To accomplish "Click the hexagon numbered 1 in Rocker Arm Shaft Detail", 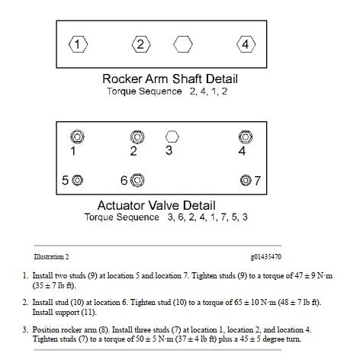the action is pyautogui.click(x=78, y=44).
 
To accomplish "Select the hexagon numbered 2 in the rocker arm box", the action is pyautogui.click(x=141, y=44).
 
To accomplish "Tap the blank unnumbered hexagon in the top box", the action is pyautogui.click(x=183, y=44).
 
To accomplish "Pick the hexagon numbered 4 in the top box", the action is pyautogui.click(x=246, y=44).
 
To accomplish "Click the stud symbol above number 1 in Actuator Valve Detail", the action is pyautogui.click(x=78, y=137).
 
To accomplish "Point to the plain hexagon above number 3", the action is pyautogui.click(x=172, y=137).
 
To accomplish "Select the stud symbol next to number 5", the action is pyautogui.click(x=77, y=180).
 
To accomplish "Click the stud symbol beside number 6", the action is pyautogui.click(x=137, y=180).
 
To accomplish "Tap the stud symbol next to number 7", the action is pyautogui.click(x=246, y=180).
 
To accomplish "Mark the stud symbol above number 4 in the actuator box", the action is pyautogui.click(x=246, y=137).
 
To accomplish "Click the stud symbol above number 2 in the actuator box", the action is pyautogui.click(x=137, y=137).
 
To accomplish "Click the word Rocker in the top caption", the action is pyautogui.click(x=122, y=79).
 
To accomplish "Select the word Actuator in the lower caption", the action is pyautogui.click(x=121, y=205).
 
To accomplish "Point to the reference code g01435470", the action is pyautogui.click(x=266, y=257).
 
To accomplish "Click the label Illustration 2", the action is pyautogui.click(x=51, y=257).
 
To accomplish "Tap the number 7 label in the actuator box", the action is pyautogui.click(x=257, y=181).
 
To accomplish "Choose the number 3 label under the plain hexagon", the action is pyautogui.click(x=169, y=150).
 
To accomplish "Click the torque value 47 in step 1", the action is pyautogui.click(x=299, y=276).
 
